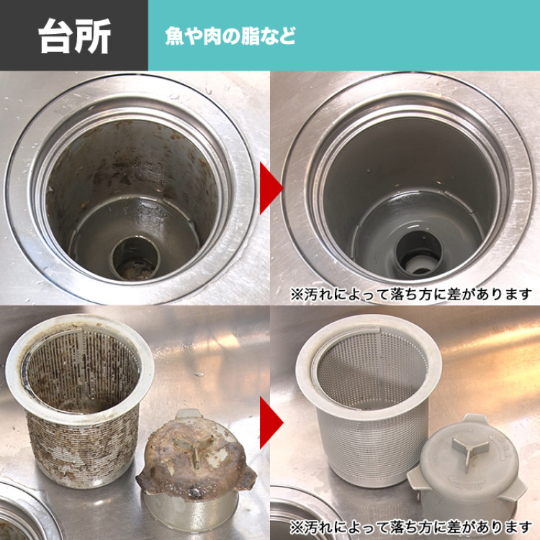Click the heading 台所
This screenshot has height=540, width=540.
pos(74,36)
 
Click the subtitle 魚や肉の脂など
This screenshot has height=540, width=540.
pos(230,36)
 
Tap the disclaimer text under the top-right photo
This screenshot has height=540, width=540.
pos(411,294)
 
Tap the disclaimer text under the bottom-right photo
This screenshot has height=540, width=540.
pos(411,526)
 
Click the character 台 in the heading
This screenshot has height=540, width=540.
pos(57,36)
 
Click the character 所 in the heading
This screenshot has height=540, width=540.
pos(93,36)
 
